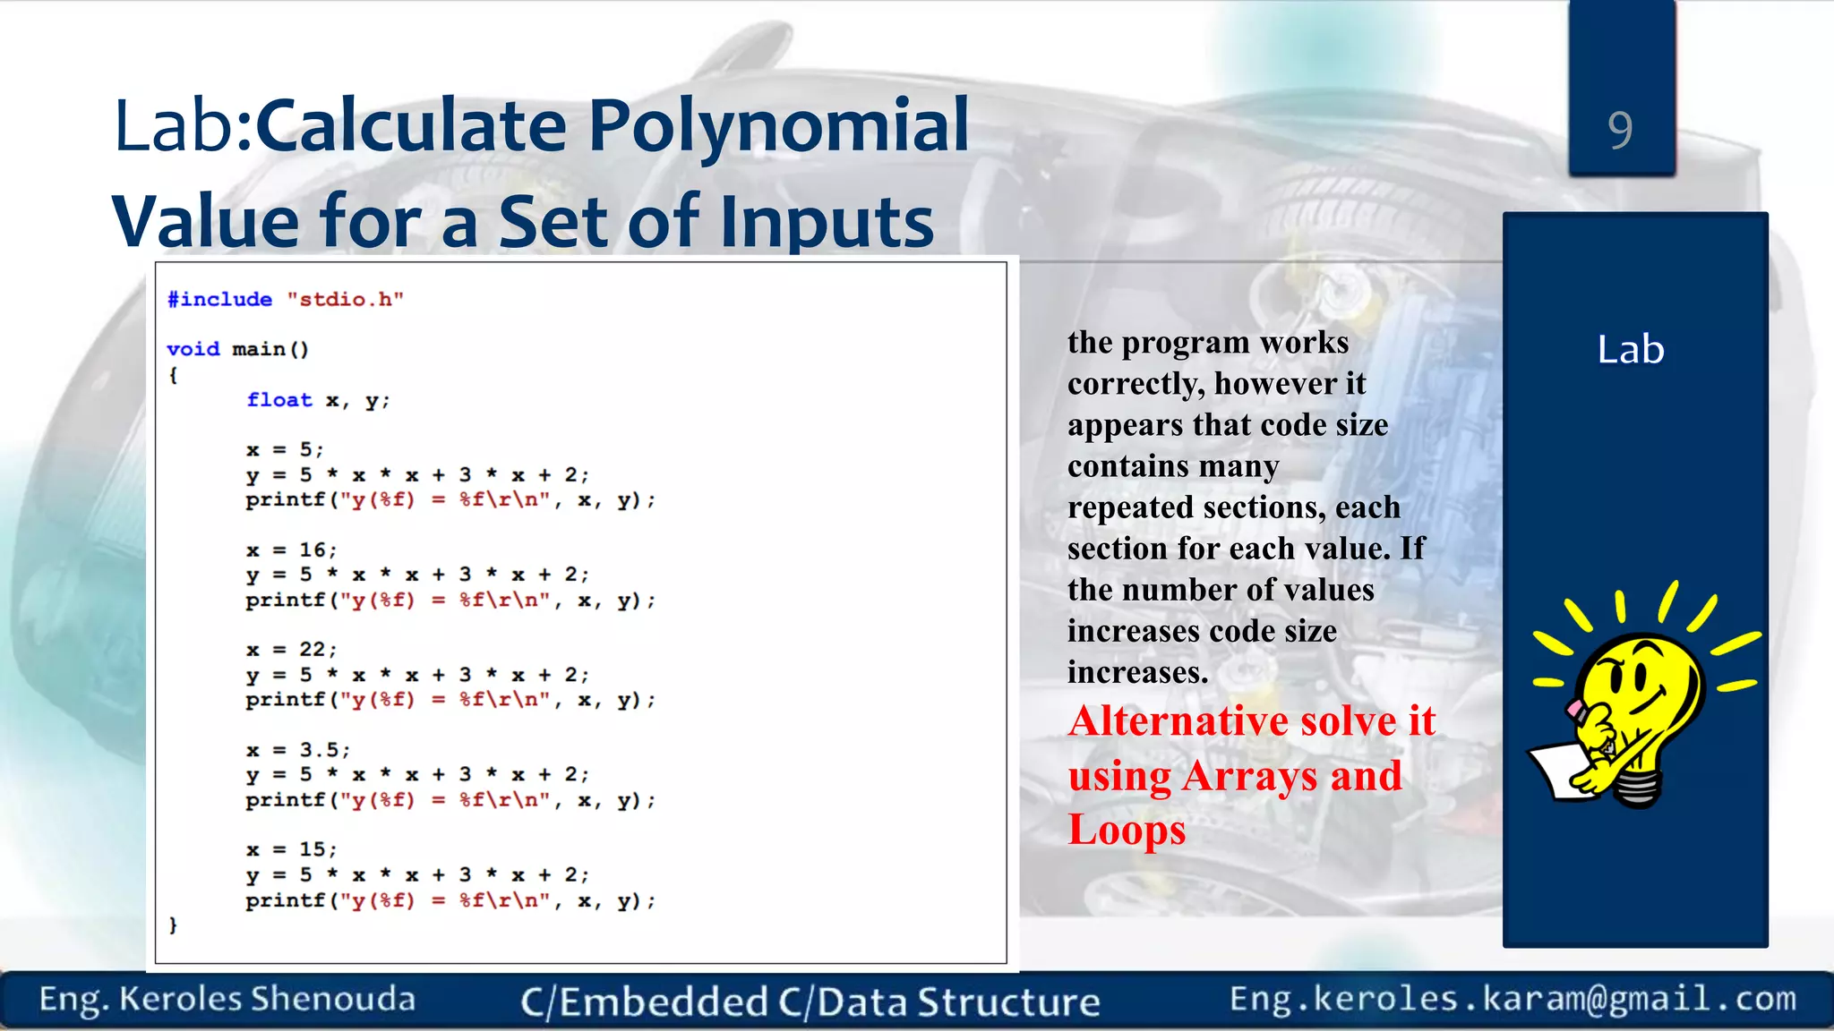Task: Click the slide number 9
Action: pos(1620,131)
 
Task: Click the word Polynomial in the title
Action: pos(778,125)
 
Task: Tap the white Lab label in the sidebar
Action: pos(1630,349)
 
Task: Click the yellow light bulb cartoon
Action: pos(1635,707)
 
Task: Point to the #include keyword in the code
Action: pos(219,299)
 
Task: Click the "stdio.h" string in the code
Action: pos(345,299)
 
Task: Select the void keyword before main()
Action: pos(193,349)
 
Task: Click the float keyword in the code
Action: pos(279,400)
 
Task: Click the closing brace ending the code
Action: pos(173,925)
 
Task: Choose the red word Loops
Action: pos(1127,830)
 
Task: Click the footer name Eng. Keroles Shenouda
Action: pos(227,999)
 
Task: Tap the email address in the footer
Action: pos(1513,999)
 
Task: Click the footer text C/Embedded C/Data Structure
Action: pos(810,1001)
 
